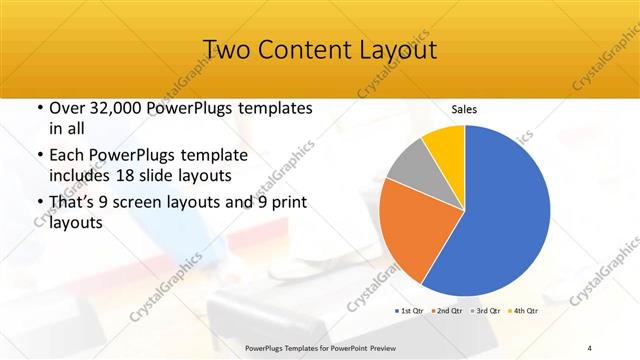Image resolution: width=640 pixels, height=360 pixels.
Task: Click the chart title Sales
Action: pyautogui.click(x=463, y=109)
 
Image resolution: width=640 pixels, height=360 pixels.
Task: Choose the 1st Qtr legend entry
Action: pyautogui.click(x=411, y=311)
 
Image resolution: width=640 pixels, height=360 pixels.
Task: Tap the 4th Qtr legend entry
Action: pyautogui.click(x=525, y=311)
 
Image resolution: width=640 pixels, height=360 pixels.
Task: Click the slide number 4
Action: pyautogui.click(x=590, y=347)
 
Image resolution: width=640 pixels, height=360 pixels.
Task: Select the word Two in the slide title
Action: pyautogui.click(x=226, y=49)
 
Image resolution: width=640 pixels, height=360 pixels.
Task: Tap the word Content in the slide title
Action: pyautogui.click(x=307, y=49)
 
